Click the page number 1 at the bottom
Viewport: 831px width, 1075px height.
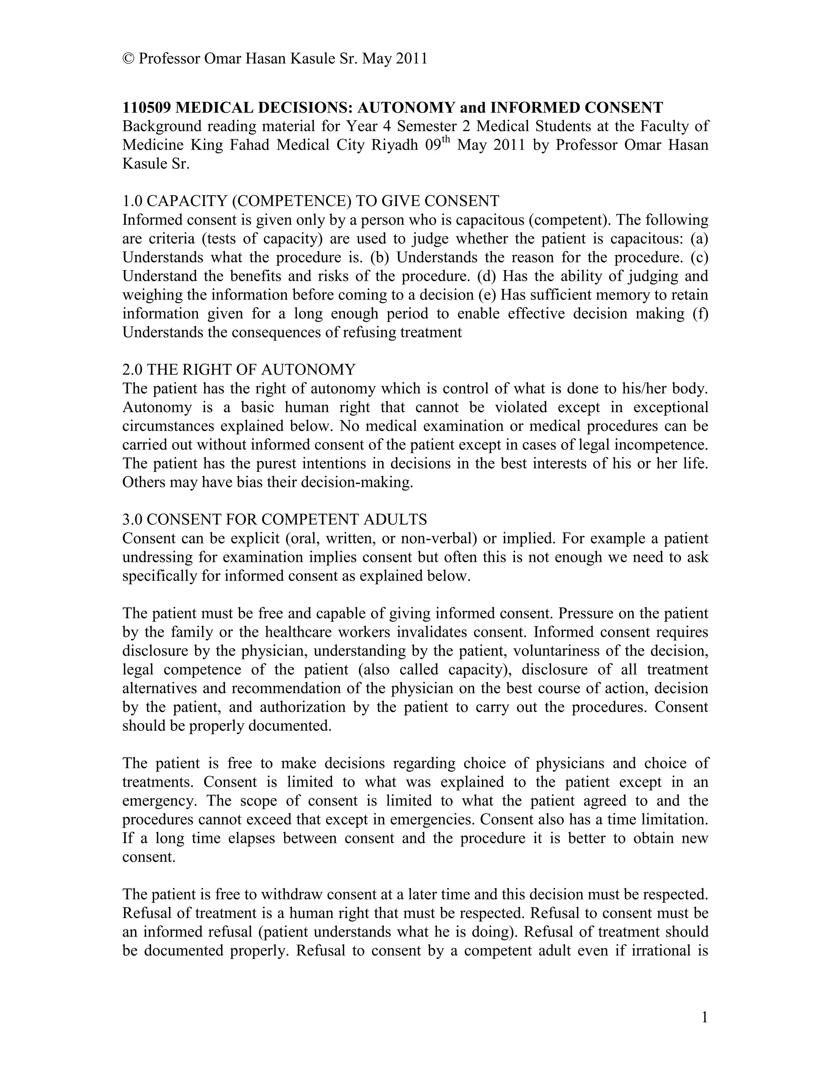704,1017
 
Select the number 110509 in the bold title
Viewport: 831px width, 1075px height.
147,107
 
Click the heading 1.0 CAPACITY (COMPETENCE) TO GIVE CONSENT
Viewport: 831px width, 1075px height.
311,201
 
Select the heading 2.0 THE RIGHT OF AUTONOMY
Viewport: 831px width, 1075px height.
239,369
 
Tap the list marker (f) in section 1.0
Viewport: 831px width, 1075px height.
700,314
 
